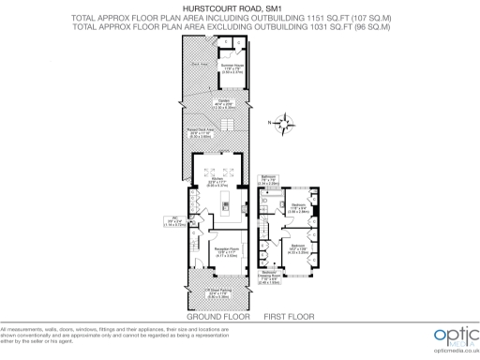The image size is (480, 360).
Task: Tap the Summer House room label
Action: tap(232, 66)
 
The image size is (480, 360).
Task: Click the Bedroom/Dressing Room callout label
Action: tap(268, 277)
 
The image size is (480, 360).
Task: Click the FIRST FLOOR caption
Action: tap(290, 317)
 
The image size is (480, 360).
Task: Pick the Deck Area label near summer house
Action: tap(198, 63)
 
